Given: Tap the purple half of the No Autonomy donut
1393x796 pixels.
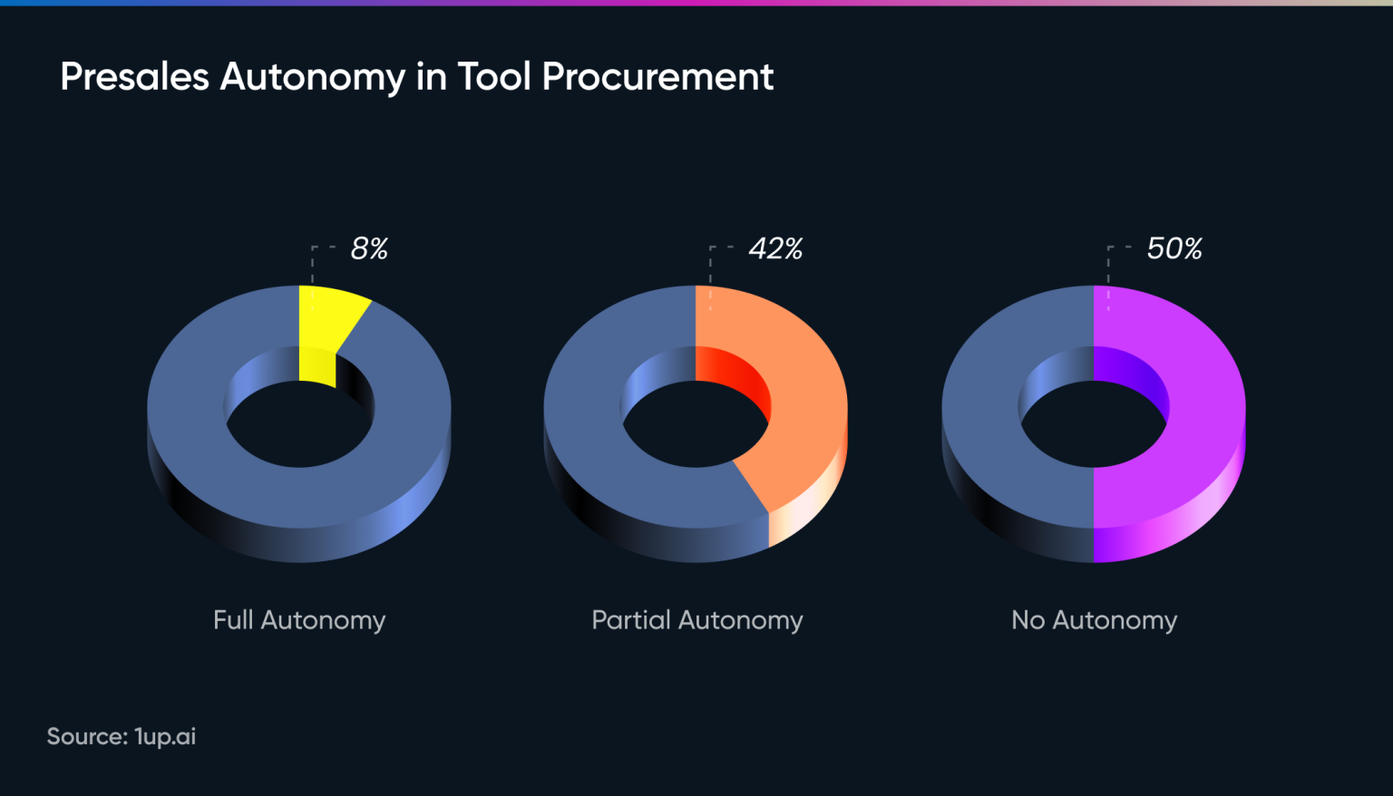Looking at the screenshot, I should point(1197,408).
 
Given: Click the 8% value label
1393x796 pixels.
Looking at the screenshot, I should point(369,248).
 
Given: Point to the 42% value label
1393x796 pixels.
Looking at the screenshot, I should point(775,248).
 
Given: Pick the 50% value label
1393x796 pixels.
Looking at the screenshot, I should point(1174,248).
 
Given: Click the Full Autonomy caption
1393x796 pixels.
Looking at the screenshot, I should point(299,620).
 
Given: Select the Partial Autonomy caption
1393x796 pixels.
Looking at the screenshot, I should point(696,620).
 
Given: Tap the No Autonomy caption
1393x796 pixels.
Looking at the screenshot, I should point(1094,620).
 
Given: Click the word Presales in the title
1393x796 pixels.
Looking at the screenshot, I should point(135,77).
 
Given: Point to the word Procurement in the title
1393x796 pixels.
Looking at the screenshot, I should point(658,77).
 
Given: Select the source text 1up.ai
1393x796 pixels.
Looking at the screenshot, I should point(165,736).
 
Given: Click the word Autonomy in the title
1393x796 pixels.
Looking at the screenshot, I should point(313,77).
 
